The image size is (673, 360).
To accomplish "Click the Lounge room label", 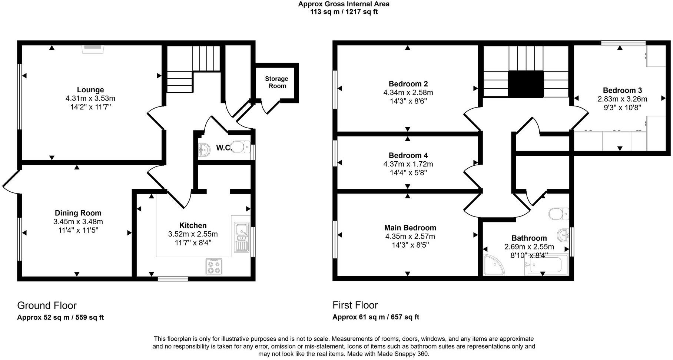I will [x=90, y=90].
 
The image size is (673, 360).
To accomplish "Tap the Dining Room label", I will [x=78, y=213].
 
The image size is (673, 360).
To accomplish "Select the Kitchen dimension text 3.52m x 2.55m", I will [x=193, y=234].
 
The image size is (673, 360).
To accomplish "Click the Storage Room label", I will [x=277, y=82].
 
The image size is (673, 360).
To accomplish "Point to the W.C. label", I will [x=224, y=148].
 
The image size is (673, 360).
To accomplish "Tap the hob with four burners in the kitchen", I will [x=214, y=267].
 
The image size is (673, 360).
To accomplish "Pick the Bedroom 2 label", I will [x=408, y=84].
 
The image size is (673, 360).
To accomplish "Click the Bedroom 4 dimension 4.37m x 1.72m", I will [x=408, y=164].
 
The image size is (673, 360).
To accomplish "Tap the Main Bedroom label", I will [x=410, y=228].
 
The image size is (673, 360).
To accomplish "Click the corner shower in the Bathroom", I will [x=494, y=265].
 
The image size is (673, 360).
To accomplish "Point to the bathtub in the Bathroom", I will [x=546, y=265].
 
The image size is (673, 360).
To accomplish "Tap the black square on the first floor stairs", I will [x=526, y=84].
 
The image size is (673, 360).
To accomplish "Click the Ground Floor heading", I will [x=47, y=305].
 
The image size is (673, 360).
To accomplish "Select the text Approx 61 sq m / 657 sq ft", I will [x=376, y=317].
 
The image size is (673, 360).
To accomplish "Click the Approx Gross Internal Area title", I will [x=344, y=4].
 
